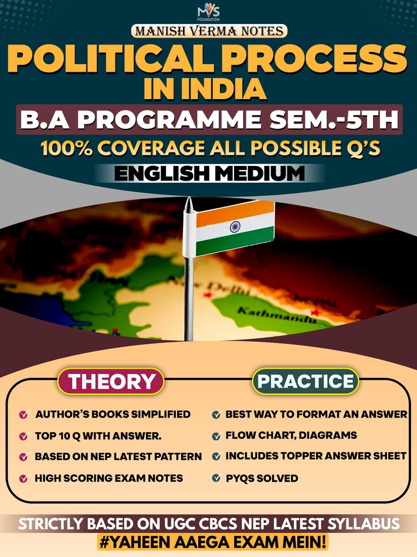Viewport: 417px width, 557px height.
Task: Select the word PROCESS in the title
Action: tap(308, 59)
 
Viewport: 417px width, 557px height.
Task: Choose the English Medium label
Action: tap(208, 174)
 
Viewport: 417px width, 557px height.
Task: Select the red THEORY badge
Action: tap(111, 381)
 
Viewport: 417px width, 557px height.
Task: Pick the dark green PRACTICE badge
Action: tap(306, 381)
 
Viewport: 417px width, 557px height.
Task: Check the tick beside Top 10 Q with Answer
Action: tap(23, 436)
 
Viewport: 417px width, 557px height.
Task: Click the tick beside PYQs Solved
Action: tap(215, 478)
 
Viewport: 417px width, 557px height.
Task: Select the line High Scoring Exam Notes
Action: tap(109, 478)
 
